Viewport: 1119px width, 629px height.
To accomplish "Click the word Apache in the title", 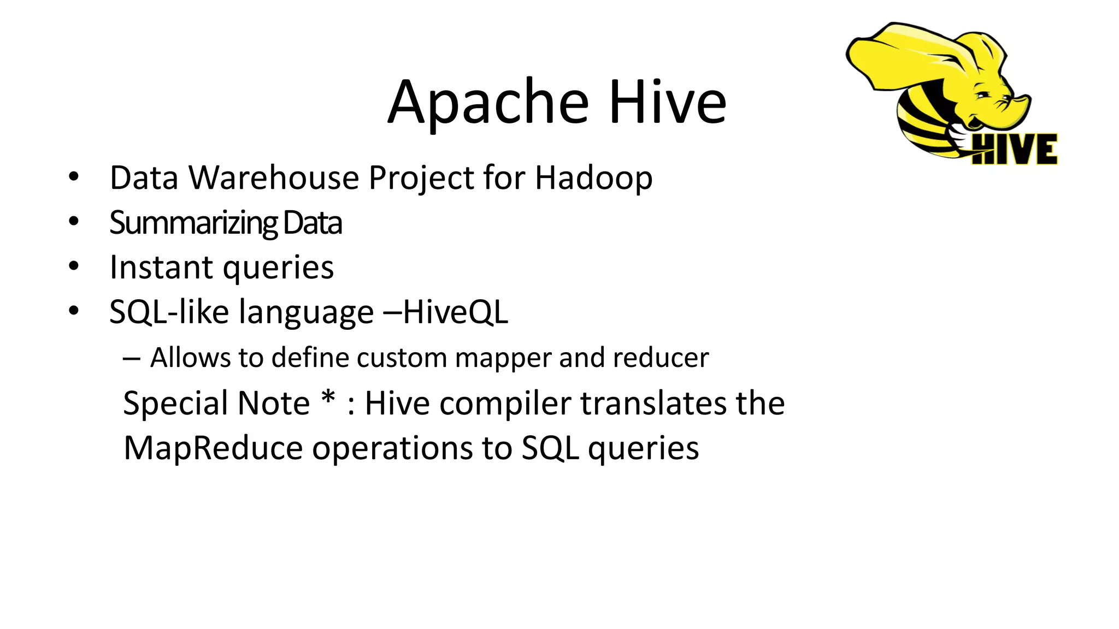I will point(488,103).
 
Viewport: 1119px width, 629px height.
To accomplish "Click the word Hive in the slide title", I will point(667,103).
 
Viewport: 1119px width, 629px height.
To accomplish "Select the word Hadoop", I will point(593,178).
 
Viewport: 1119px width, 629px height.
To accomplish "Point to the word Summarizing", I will point(193,223).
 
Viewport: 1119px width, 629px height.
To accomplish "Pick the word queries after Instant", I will point(278,269).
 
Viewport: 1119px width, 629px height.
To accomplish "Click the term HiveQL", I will point(455,312).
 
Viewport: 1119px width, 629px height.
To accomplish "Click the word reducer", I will point(661,358).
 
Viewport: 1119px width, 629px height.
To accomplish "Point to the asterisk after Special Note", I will point(328,400).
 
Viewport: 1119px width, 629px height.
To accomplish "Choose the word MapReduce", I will point(213,449).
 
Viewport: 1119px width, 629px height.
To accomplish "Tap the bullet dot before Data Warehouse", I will point(74,177).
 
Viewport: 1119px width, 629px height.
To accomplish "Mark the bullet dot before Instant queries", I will point(74,266).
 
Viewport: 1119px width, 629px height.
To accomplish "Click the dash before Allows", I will point(131,359).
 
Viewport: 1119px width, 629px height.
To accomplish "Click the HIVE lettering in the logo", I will point(1015,149).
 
